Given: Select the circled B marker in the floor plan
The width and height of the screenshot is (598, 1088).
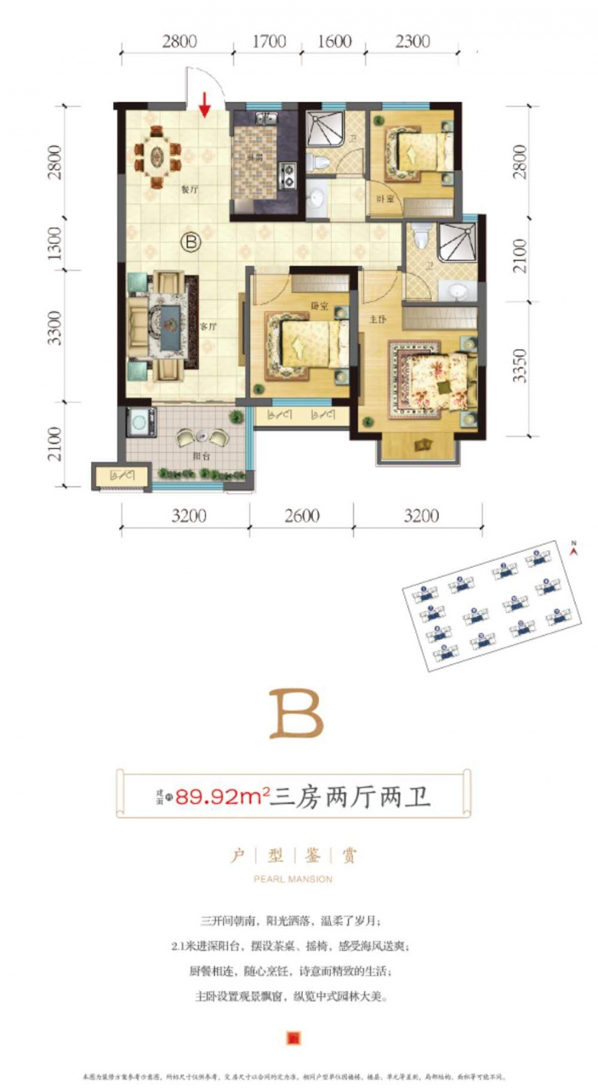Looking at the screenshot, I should (x=191, y=242).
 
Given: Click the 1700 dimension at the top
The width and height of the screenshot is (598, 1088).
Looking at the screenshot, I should (x=269, y=41).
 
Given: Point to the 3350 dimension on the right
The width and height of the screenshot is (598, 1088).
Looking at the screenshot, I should (x=520, y=366).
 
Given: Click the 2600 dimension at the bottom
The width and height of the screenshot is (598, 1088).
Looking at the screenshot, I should (x=302, y=516).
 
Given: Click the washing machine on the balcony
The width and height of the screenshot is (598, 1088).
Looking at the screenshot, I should (x=141, y=422).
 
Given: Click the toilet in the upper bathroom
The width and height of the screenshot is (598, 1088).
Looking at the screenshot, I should (x=320, y=162).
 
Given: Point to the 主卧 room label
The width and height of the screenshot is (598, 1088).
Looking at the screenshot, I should (x=377, y=320).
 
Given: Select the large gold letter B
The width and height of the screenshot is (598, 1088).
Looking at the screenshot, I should (x=296, y=714).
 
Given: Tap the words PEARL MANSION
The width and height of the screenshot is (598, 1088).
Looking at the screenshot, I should (x=293, y=879).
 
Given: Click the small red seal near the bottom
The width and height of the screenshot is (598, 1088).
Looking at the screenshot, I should (x=293, y=1037).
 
